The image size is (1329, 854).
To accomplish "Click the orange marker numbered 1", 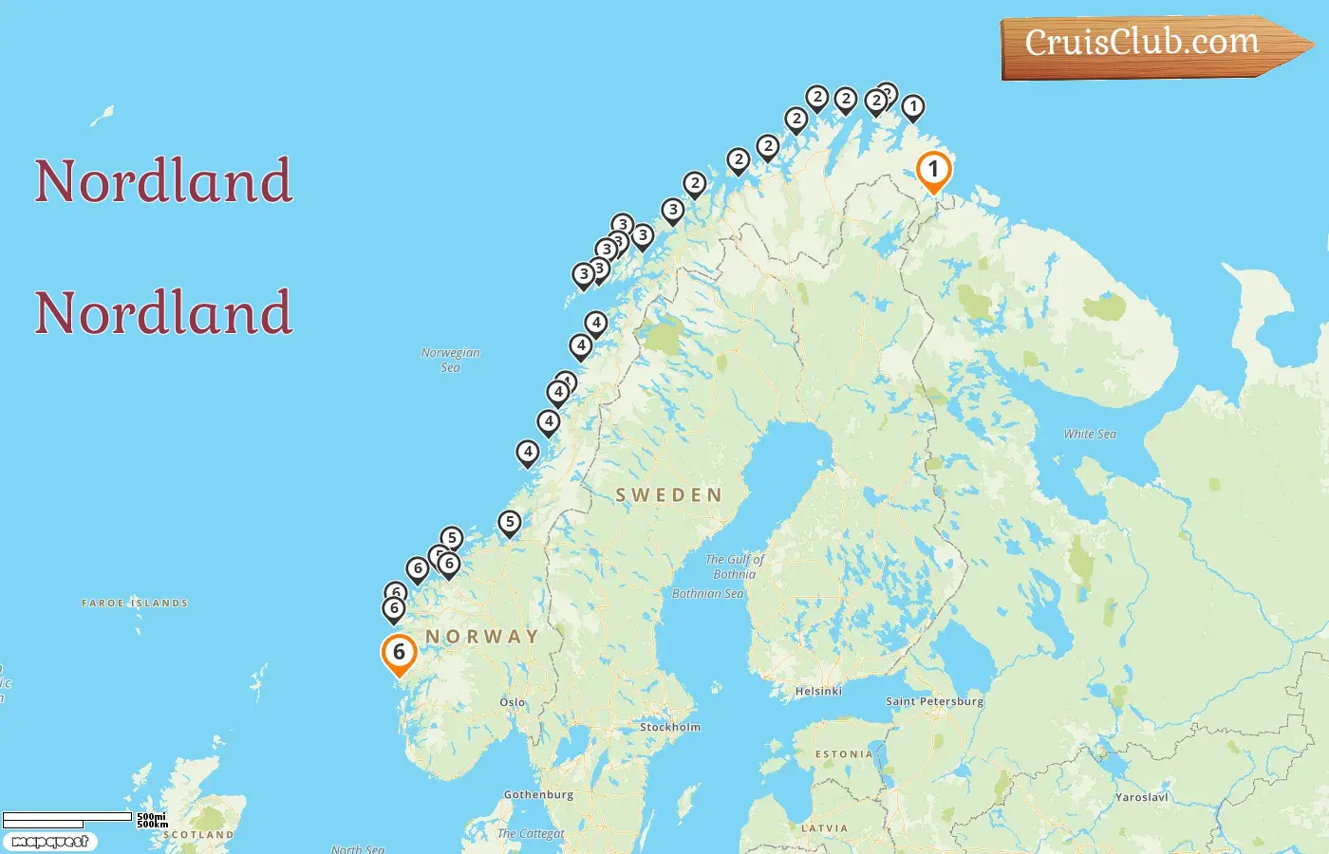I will tap(933, 171).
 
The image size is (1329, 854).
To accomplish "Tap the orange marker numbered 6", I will tap(399, 653).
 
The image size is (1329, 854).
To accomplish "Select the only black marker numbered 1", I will tap(912, 107).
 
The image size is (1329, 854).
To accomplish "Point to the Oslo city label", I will tap(513, 702).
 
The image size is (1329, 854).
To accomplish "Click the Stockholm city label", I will tap(670, 727).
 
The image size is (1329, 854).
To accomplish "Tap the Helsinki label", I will tap(818, 691).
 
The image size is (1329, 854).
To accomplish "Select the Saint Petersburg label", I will tap(934, 701).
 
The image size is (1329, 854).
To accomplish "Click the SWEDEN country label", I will tap(669, 494).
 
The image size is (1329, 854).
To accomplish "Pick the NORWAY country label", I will tap(482, 636).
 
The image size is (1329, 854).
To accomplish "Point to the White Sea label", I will tap(1090, 434).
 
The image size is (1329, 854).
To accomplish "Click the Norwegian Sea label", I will tap(450, 360).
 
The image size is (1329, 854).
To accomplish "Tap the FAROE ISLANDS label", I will tap(135, 603).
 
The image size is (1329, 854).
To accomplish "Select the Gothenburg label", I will tap(538, 794).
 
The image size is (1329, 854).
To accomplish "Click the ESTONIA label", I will tap(844, 753).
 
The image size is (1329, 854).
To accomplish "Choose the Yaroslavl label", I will tap(1141, 797).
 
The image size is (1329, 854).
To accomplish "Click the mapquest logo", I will tap(49, 842).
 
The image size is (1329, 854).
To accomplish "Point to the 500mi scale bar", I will tap(67, 817).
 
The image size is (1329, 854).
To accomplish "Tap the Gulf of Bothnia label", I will tap(735, 566).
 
